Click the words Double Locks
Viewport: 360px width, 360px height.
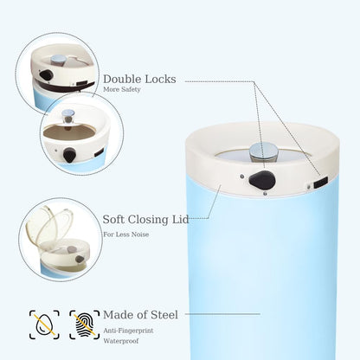[x=139, y=79]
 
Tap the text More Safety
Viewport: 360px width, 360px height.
[x=122, y=89]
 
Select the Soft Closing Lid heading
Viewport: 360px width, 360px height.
[x=145, y=220]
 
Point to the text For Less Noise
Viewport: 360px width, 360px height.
[x=126, y=235]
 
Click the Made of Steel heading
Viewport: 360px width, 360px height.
[x=140, y=315]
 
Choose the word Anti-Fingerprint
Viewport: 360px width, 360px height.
[x=128, y=331]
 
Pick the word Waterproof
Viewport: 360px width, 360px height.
[x=121, y=341]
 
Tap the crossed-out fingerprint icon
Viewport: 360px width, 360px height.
[x=85, y=325]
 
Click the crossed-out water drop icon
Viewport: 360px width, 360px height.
[x=44, y=325]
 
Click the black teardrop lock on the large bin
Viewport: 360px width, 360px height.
[x=262, y=180]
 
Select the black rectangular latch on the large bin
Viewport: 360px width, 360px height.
[x=321, y=183]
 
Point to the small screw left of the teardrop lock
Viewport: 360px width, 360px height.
[x=241, y=177]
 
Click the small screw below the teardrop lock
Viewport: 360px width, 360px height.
[x=265, y=194]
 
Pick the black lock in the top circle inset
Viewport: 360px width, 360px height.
[x=47, y=75]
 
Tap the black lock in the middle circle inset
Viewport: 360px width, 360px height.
[x=69, y=155]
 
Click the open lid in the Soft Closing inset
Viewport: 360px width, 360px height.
[x=49, y=223]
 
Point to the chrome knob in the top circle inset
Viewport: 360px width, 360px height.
[x=59, y=60]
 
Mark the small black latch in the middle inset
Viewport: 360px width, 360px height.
[x=99, y=153]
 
